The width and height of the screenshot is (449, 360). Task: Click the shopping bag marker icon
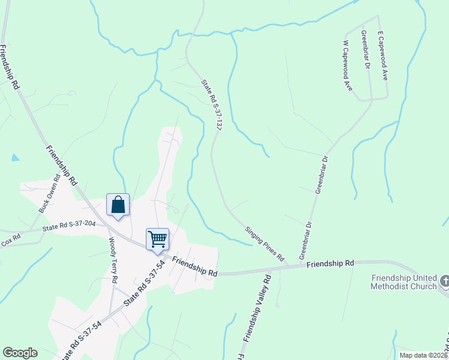coord(118,205)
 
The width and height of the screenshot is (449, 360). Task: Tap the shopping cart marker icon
coord(157,239)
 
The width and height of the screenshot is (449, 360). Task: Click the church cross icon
coord(444,280)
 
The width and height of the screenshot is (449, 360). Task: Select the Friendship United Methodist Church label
coord(404,282)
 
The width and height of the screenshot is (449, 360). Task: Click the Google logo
coord(20,353)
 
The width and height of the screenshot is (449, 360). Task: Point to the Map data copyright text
coord(424,355)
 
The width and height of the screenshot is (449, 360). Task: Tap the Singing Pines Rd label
coord(265,243)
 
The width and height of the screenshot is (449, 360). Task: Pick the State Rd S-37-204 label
coord(68,227)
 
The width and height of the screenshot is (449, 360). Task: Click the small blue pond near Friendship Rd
coord(14,158)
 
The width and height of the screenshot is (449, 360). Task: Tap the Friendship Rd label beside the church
coord(330,263)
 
